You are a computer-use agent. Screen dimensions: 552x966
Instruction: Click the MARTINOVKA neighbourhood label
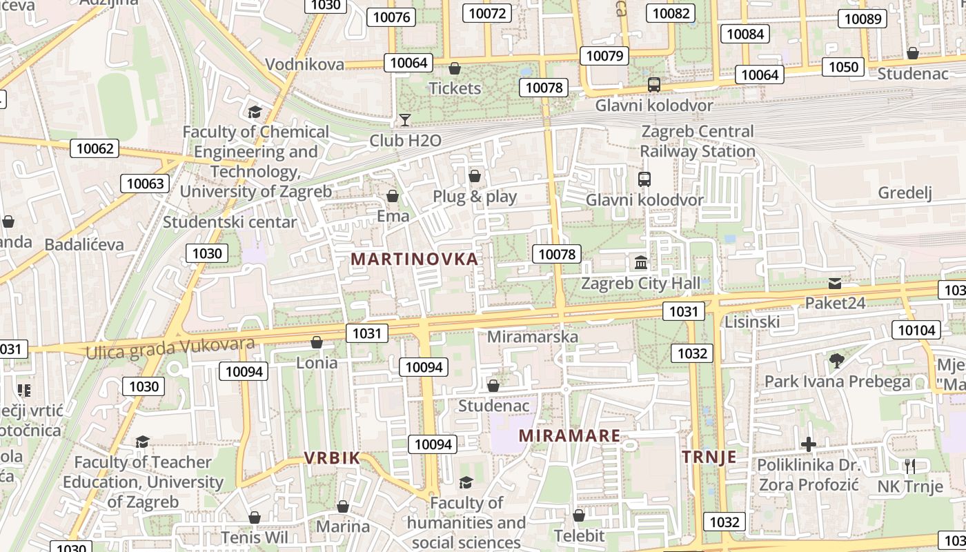(414, 259)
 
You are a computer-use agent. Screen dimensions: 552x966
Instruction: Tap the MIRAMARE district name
(569, 436)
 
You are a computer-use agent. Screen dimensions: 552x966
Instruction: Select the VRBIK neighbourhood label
(333, 457)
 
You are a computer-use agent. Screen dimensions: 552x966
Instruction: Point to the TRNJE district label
(709, 457)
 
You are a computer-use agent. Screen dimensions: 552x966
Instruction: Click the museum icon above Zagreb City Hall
(641, 263)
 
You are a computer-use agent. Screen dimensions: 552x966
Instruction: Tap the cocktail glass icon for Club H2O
(405, 120)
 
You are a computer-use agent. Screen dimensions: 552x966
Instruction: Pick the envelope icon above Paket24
(835, 283)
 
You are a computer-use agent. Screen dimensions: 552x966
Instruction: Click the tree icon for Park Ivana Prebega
(837, 360)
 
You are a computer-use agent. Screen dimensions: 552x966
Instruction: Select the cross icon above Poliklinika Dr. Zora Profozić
(809, 444)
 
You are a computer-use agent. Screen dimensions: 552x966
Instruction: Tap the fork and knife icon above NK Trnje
(909, 466)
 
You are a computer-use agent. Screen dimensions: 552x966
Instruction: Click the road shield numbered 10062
(95, 148)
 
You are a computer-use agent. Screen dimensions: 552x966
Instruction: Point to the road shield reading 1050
(843, 67)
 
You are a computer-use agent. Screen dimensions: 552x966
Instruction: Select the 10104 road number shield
(916, 330)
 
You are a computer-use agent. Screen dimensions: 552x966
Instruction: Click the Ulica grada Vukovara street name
(170, 348)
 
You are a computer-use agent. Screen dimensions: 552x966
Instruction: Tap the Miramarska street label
(532, 337)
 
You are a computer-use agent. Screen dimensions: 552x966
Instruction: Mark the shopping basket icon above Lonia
(317, 342)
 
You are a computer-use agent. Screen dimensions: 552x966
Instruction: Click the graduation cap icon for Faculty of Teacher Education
(142, 442)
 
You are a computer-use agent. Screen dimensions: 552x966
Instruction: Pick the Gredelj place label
(905, 193)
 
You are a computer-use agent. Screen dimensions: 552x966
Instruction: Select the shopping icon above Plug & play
(475, 176)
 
